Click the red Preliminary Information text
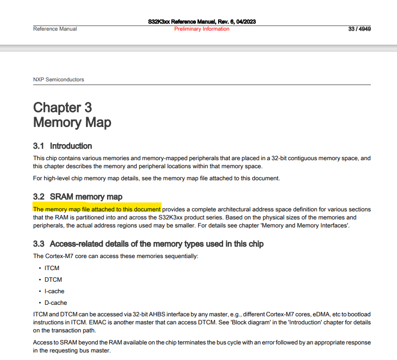[x=202, y=29]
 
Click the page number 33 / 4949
[x=359, y=29]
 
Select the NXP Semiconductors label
[x=58, y=79]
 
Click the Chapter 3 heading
[x=62, y=107]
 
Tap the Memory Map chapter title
[x=72, y=123]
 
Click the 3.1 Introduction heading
[x=62, y=146]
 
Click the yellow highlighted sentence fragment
[x=97, y=209]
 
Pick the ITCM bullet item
[x=52, y=268]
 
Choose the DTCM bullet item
[x=53, y=280]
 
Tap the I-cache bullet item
[x=54, y=291]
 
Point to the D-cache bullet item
[x=55, y=303]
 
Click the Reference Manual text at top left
[x=55, y=29]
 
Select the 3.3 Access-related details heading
[x=148, y=244]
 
